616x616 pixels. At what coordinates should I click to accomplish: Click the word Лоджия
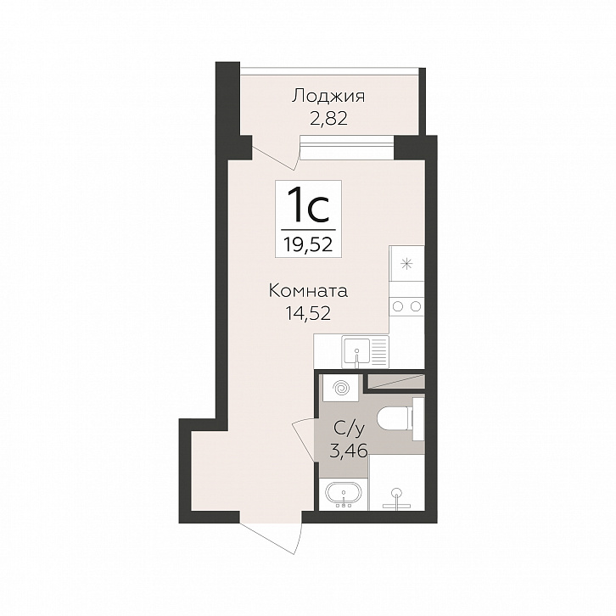click(328, 97)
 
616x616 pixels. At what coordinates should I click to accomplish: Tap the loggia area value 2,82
click(329, 118)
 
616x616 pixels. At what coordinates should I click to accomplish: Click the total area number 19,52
click(308, 244)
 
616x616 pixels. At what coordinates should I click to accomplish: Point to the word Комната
click(308, 292)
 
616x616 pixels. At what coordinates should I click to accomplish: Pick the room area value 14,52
click(308, 313)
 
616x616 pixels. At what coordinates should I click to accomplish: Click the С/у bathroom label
click(350, 429)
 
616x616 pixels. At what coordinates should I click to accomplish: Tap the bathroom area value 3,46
click(349, 451)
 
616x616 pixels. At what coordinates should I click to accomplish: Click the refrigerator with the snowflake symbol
click(406, 264)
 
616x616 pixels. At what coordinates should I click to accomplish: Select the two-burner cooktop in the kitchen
click(406, 306)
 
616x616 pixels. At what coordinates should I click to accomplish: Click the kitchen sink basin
click(356, 351)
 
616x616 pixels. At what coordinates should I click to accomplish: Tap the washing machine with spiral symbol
click(340, 388)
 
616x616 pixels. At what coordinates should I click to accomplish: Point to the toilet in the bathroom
click(397, 419)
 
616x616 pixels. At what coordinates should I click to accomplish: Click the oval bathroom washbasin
click(344, 494)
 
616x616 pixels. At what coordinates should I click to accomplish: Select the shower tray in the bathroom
click(397, 483)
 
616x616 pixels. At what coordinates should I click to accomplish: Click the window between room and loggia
click(346, 147)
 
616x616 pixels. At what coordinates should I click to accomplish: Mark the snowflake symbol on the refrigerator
click(406, 264)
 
